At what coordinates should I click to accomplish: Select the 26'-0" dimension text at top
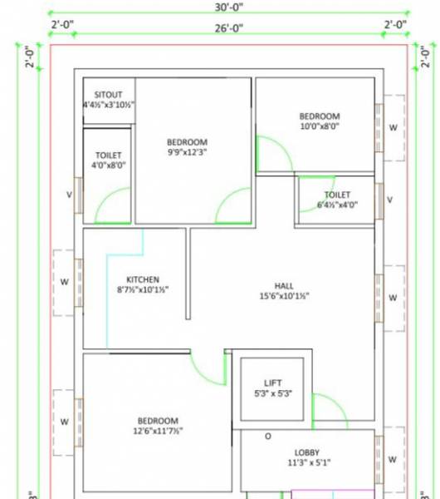pyautogui.click(x=228, y=27)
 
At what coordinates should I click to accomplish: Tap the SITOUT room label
pyautogui.click(x=109, y=94)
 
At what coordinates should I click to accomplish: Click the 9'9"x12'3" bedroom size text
pyautogui.click(x=187, y=152)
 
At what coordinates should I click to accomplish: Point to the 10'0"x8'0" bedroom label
pyautogui.click(x=320, y=126)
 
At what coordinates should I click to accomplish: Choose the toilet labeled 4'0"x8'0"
pyautogui.click(x=109, y=165)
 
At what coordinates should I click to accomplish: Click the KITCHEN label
pyautogui.click(x=142, y=279)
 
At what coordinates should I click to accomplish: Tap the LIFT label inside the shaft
pyautogui.click(x=273, y=383)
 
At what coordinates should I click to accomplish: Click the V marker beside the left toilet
pyautogui.click(x=69, y=195)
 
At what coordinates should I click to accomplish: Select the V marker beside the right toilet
pyautogui.click(x=390, y=200)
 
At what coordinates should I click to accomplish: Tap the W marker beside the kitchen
pyautogui.click(x=64, y=281)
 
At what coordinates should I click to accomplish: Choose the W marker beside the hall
pyautogui.click(x=393, y=297)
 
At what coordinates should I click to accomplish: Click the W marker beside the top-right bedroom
pyautogui.click(x=393, y=127)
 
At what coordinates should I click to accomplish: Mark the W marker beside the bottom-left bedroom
pyautogui.click(x=64, y=422)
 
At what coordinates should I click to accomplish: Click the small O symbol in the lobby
pyautogui.click(x=267, y=436)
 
